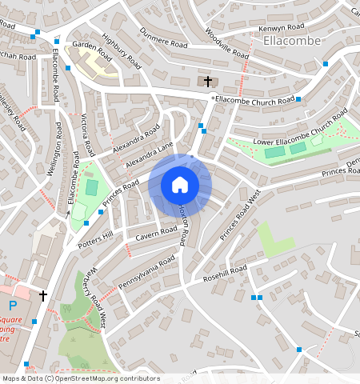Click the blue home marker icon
[180, 185]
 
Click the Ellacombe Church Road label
[254, 101]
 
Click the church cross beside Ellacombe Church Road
[208, 82]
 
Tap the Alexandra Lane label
[149, 156]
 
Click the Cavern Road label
[155, 233]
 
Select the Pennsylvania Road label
[146, 272]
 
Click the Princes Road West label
[241, 215]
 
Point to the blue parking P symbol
[11, 305]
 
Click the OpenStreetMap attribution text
[80, 378]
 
